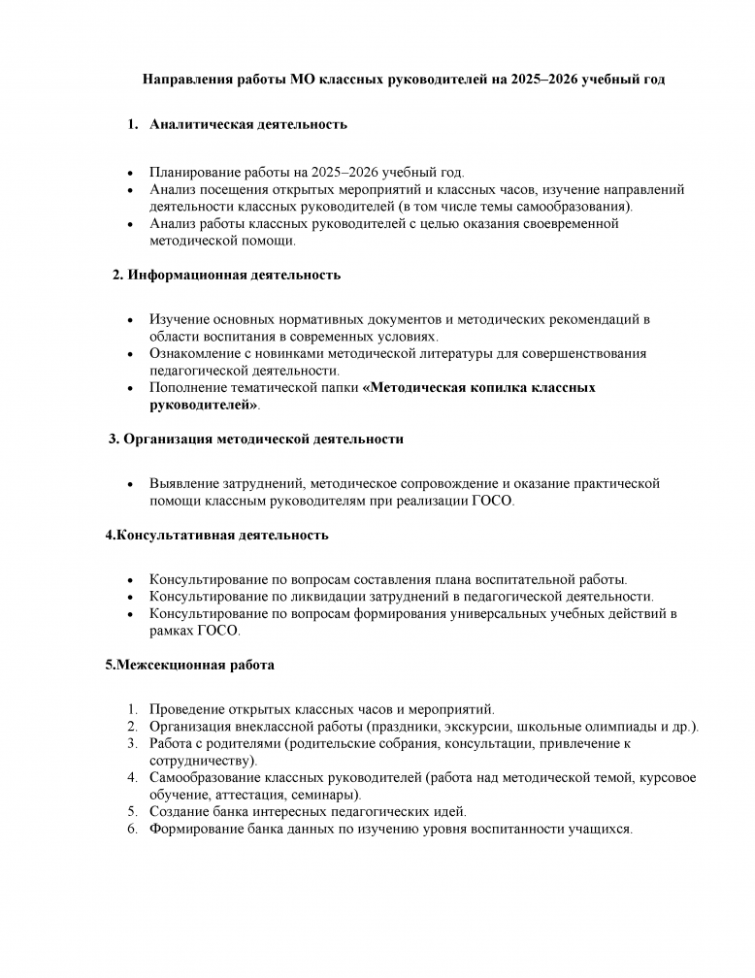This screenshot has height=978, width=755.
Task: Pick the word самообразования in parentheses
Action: click(x=578, y=207)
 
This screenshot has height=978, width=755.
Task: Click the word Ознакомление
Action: click(x=197, y=353)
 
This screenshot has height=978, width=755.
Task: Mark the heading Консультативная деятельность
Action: click(x=216, y=535)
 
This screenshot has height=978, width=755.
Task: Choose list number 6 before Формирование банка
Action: click(x=133, y=830)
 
